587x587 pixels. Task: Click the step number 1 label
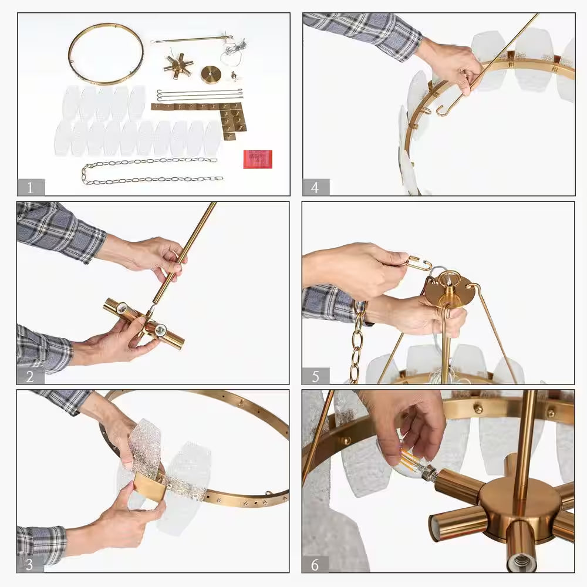click(x=31, y=187)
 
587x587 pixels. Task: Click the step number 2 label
click(x=30, y=376)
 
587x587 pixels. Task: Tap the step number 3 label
click(x=29, y=564)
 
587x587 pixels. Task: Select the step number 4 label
click(x=315, y=187)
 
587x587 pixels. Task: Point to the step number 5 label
click(x=316, y=376)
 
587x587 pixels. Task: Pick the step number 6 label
click(x=315, y=565)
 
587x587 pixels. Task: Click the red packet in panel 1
click(x=258, y=159)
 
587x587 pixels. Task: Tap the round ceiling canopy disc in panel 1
click(x=211, y=75)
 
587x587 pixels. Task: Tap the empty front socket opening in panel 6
click(x=519, y=561)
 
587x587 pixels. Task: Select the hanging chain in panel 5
click(x=357, y=342)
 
